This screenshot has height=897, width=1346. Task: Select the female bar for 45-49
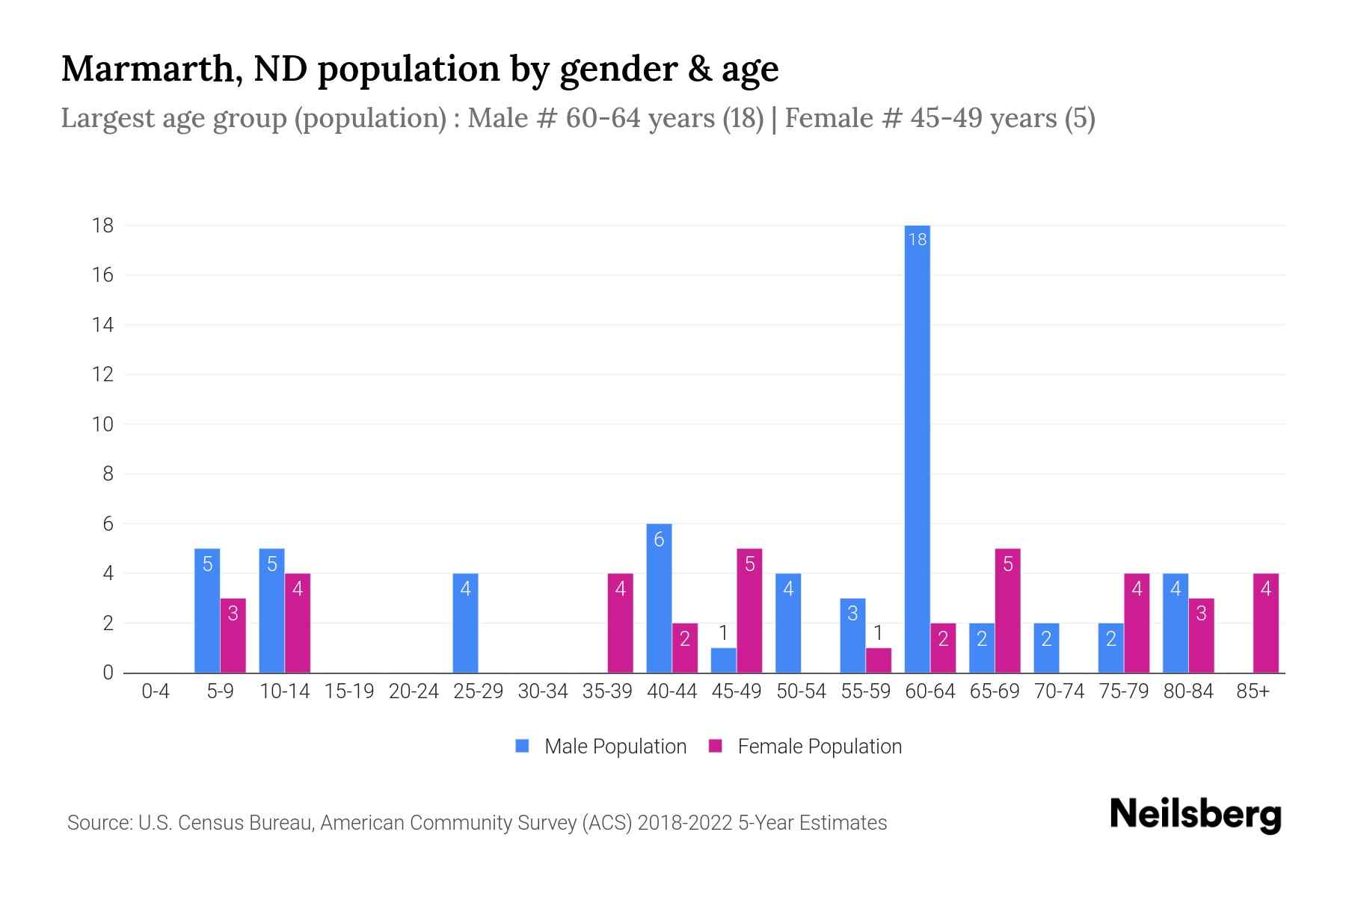point(749,611)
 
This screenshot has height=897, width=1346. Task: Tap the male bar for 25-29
point(465,623)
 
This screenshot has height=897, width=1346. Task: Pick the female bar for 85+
point(1265,623)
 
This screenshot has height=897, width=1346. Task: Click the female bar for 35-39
point(620,623)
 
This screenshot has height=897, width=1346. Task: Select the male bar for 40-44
point(659,598)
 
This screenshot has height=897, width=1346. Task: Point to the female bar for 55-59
point(878,660)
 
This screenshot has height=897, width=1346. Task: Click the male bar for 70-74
point(1046,647)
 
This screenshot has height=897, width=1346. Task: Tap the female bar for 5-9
point(233,635)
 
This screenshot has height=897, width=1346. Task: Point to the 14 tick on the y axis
point(103,324)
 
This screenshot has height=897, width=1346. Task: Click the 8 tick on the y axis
point(108,474)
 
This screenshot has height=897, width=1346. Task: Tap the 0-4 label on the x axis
point(156,691)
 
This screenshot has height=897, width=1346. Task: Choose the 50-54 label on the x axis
point(801,691)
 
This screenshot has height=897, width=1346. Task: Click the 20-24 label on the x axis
point(414,691)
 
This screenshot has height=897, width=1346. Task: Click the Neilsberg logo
point(1195,815)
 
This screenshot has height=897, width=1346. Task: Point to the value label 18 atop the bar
point(917,239)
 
